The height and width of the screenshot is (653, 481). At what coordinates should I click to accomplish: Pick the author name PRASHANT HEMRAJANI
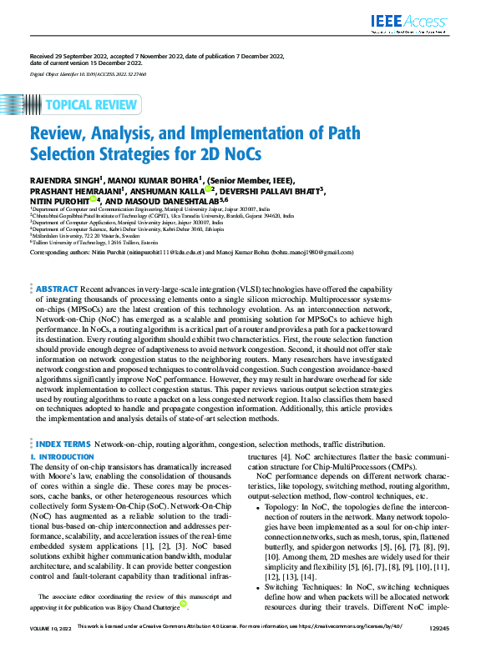tap(68, 188)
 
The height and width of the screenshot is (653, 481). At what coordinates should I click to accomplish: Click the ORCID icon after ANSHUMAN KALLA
tap(208, 188)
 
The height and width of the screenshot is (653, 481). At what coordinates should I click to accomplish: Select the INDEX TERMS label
tap(63, 446)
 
